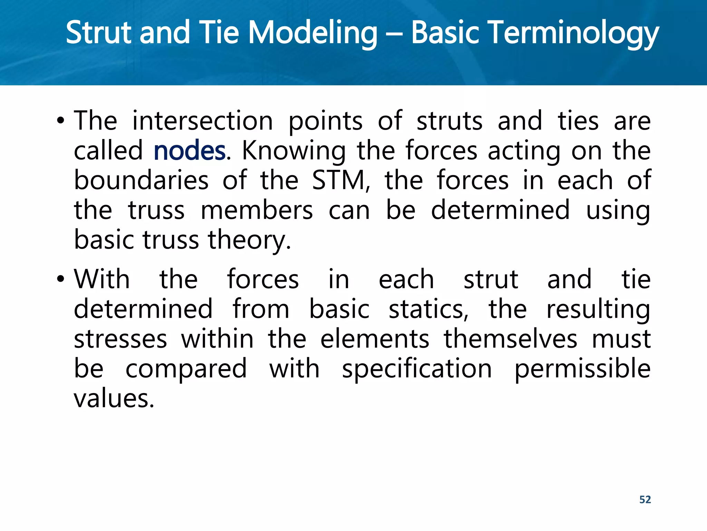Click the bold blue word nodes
(x=189, y=151)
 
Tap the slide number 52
(x=645, y=500)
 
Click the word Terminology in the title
(x=535, y=33)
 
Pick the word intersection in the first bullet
(x=203, y=121)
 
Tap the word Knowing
(x=293, y=151)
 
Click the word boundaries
(x=142, y=180)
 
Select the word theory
(x=249, y=240)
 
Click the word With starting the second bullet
(x=102, y=279)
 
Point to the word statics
(x=428, y=309)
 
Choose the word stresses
(x=120, y=339)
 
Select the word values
(x=114, y=399)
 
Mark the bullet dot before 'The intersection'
(x=61, y=121)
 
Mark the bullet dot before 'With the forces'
(x=61, y=279)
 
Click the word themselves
(x=510, y=339)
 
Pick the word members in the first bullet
(x=257, y=211)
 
